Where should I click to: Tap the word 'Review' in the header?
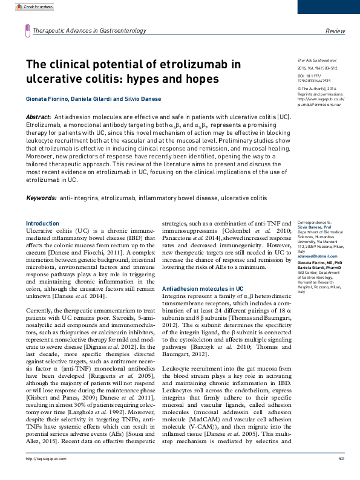(335, 30)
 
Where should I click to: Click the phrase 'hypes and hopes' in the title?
(180, 79)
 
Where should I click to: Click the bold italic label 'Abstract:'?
(38, 116)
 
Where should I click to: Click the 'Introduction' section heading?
(43, 223)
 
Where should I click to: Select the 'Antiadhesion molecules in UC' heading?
(203, 289)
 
